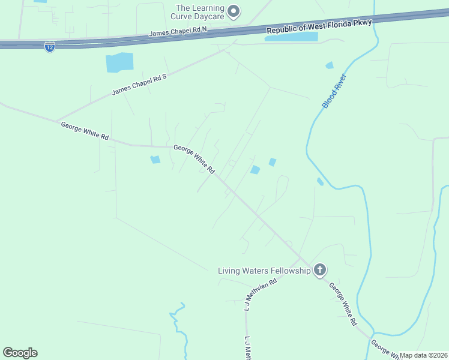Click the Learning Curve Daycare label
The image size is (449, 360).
[x=200, y=12]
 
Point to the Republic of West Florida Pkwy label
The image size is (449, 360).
[x=319, y=26]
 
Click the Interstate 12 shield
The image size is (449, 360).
[x=50, y=47]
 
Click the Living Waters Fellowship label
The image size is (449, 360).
[x=264, y=271]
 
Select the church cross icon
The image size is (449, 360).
[x=320, y=270]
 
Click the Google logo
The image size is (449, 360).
[x=20, y=352]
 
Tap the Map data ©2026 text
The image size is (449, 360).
[x=424, y=355]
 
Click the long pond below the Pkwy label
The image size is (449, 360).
[x=292, y=37]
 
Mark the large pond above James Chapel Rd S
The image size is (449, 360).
[x=119, y=62]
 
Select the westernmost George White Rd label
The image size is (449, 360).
[x=85, y=131]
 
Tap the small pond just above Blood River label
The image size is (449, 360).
[x=329, y=65]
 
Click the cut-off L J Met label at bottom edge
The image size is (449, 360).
[x=247, y=349]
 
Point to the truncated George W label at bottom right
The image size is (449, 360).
[x=382, y=348]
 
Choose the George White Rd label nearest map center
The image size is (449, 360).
[x=194, y=159]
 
